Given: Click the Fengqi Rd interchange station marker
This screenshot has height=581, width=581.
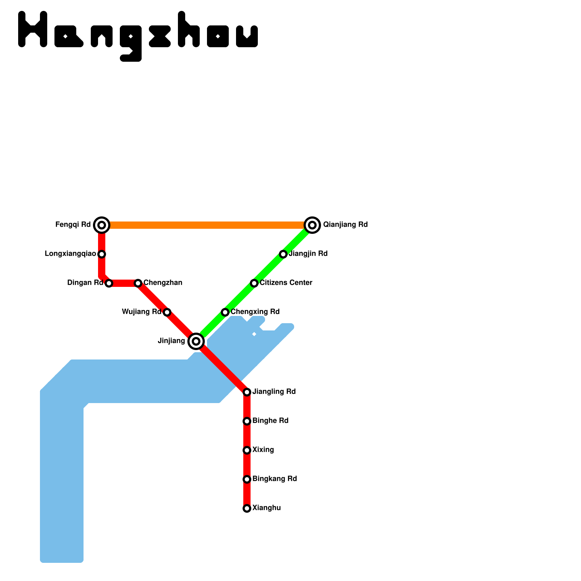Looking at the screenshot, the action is pos(102,225).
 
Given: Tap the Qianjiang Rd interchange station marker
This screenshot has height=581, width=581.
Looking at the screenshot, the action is pos(312,225).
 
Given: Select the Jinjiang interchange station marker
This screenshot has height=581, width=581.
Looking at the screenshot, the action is pos(196,341).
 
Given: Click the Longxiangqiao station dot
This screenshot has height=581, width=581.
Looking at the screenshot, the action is pos(102,254).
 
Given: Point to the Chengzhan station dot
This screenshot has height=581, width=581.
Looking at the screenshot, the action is pos(138,283).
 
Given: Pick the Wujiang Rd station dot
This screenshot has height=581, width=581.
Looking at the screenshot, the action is pos(167,312).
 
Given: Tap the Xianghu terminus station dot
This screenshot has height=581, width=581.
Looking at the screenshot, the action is pos(247,508).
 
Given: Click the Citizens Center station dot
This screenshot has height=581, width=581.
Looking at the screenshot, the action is pos(254,283).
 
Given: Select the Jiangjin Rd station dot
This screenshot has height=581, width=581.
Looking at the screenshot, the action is pos(283,254).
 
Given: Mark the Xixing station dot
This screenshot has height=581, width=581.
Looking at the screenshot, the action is pos(247,450).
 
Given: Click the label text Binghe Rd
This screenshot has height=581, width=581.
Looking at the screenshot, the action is pos(271,421).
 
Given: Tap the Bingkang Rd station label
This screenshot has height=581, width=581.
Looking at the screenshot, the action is pos(275,479).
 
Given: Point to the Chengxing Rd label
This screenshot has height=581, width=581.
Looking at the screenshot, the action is pos(255,312).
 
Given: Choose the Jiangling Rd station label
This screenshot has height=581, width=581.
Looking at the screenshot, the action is pos(274,392).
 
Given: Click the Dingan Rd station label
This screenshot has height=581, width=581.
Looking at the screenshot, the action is pos(85,283).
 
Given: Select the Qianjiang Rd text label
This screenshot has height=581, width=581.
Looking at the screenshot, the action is pos(345,225).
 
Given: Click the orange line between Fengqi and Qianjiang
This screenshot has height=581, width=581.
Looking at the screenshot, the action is pos(207,225).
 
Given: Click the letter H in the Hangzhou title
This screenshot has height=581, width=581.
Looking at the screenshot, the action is pos(33,29).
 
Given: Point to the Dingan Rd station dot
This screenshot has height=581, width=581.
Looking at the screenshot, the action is pos(109,283).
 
